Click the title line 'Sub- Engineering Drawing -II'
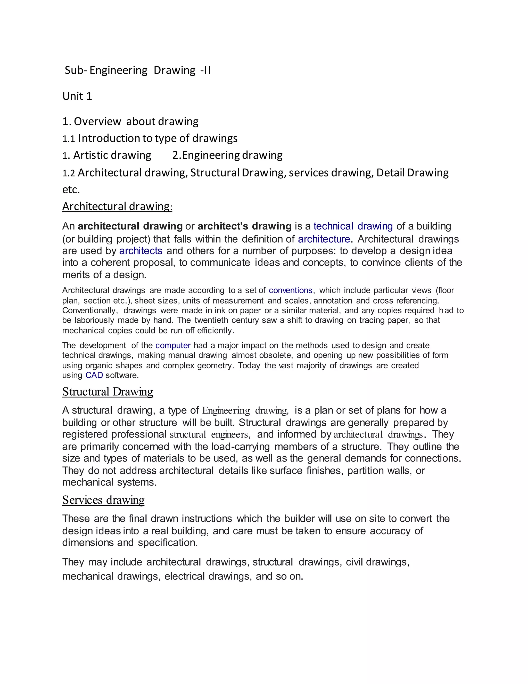(x=138, y=70)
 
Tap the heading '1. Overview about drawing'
(x=130, y=121)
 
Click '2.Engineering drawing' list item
(x=227, y=155)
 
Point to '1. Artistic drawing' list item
(x=107, y=155)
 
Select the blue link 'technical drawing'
(x=353, y=226)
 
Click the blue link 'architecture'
(x=324, y=239)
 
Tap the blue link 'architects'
(x=141, y=251)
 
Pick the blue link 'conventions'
(x=290, y=290)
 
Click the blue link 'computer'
(x=173, y=345)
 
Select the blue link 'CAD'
(x=94, y=375)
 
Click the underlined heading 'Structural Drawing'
(x=107, y=392)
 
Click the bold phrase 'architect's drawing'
(x=245, y=226)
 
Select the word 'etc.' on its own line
(x=71, y=189)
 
